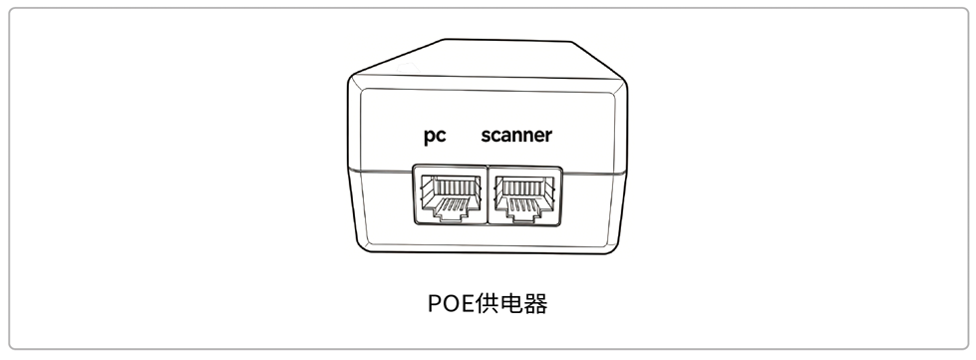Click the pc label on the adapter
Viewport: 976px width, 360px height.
435,136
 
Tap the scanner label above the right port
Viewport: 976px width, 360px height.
516,135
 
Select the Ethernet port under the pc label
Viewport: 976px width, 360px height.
450,195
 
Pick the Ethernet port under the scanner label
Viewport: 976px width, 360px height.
525,195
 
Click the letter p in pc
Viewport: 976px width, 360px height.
429,137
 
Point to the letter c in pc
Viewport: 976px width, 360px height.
441,136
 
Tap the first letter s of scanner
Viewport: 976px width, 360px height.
487,136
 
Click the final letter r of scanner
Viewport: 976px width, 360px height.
547,136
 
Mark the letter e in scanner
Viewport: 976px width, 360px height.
536,136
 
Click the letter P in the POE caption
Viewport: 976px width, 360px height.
434,303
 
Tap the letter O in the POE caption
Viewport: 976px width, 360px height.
450,303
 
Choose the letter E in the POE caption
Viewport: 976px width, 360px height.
467,303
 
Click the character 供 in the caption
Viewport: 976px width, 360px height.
485,303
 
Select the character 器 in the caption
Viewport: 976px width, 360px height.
536,303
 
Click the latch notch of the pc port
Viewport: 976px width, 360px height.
450,213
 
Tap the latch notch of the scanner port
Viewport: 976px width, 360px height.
524,214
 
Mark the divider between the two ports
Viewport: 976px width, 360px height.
488,195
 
